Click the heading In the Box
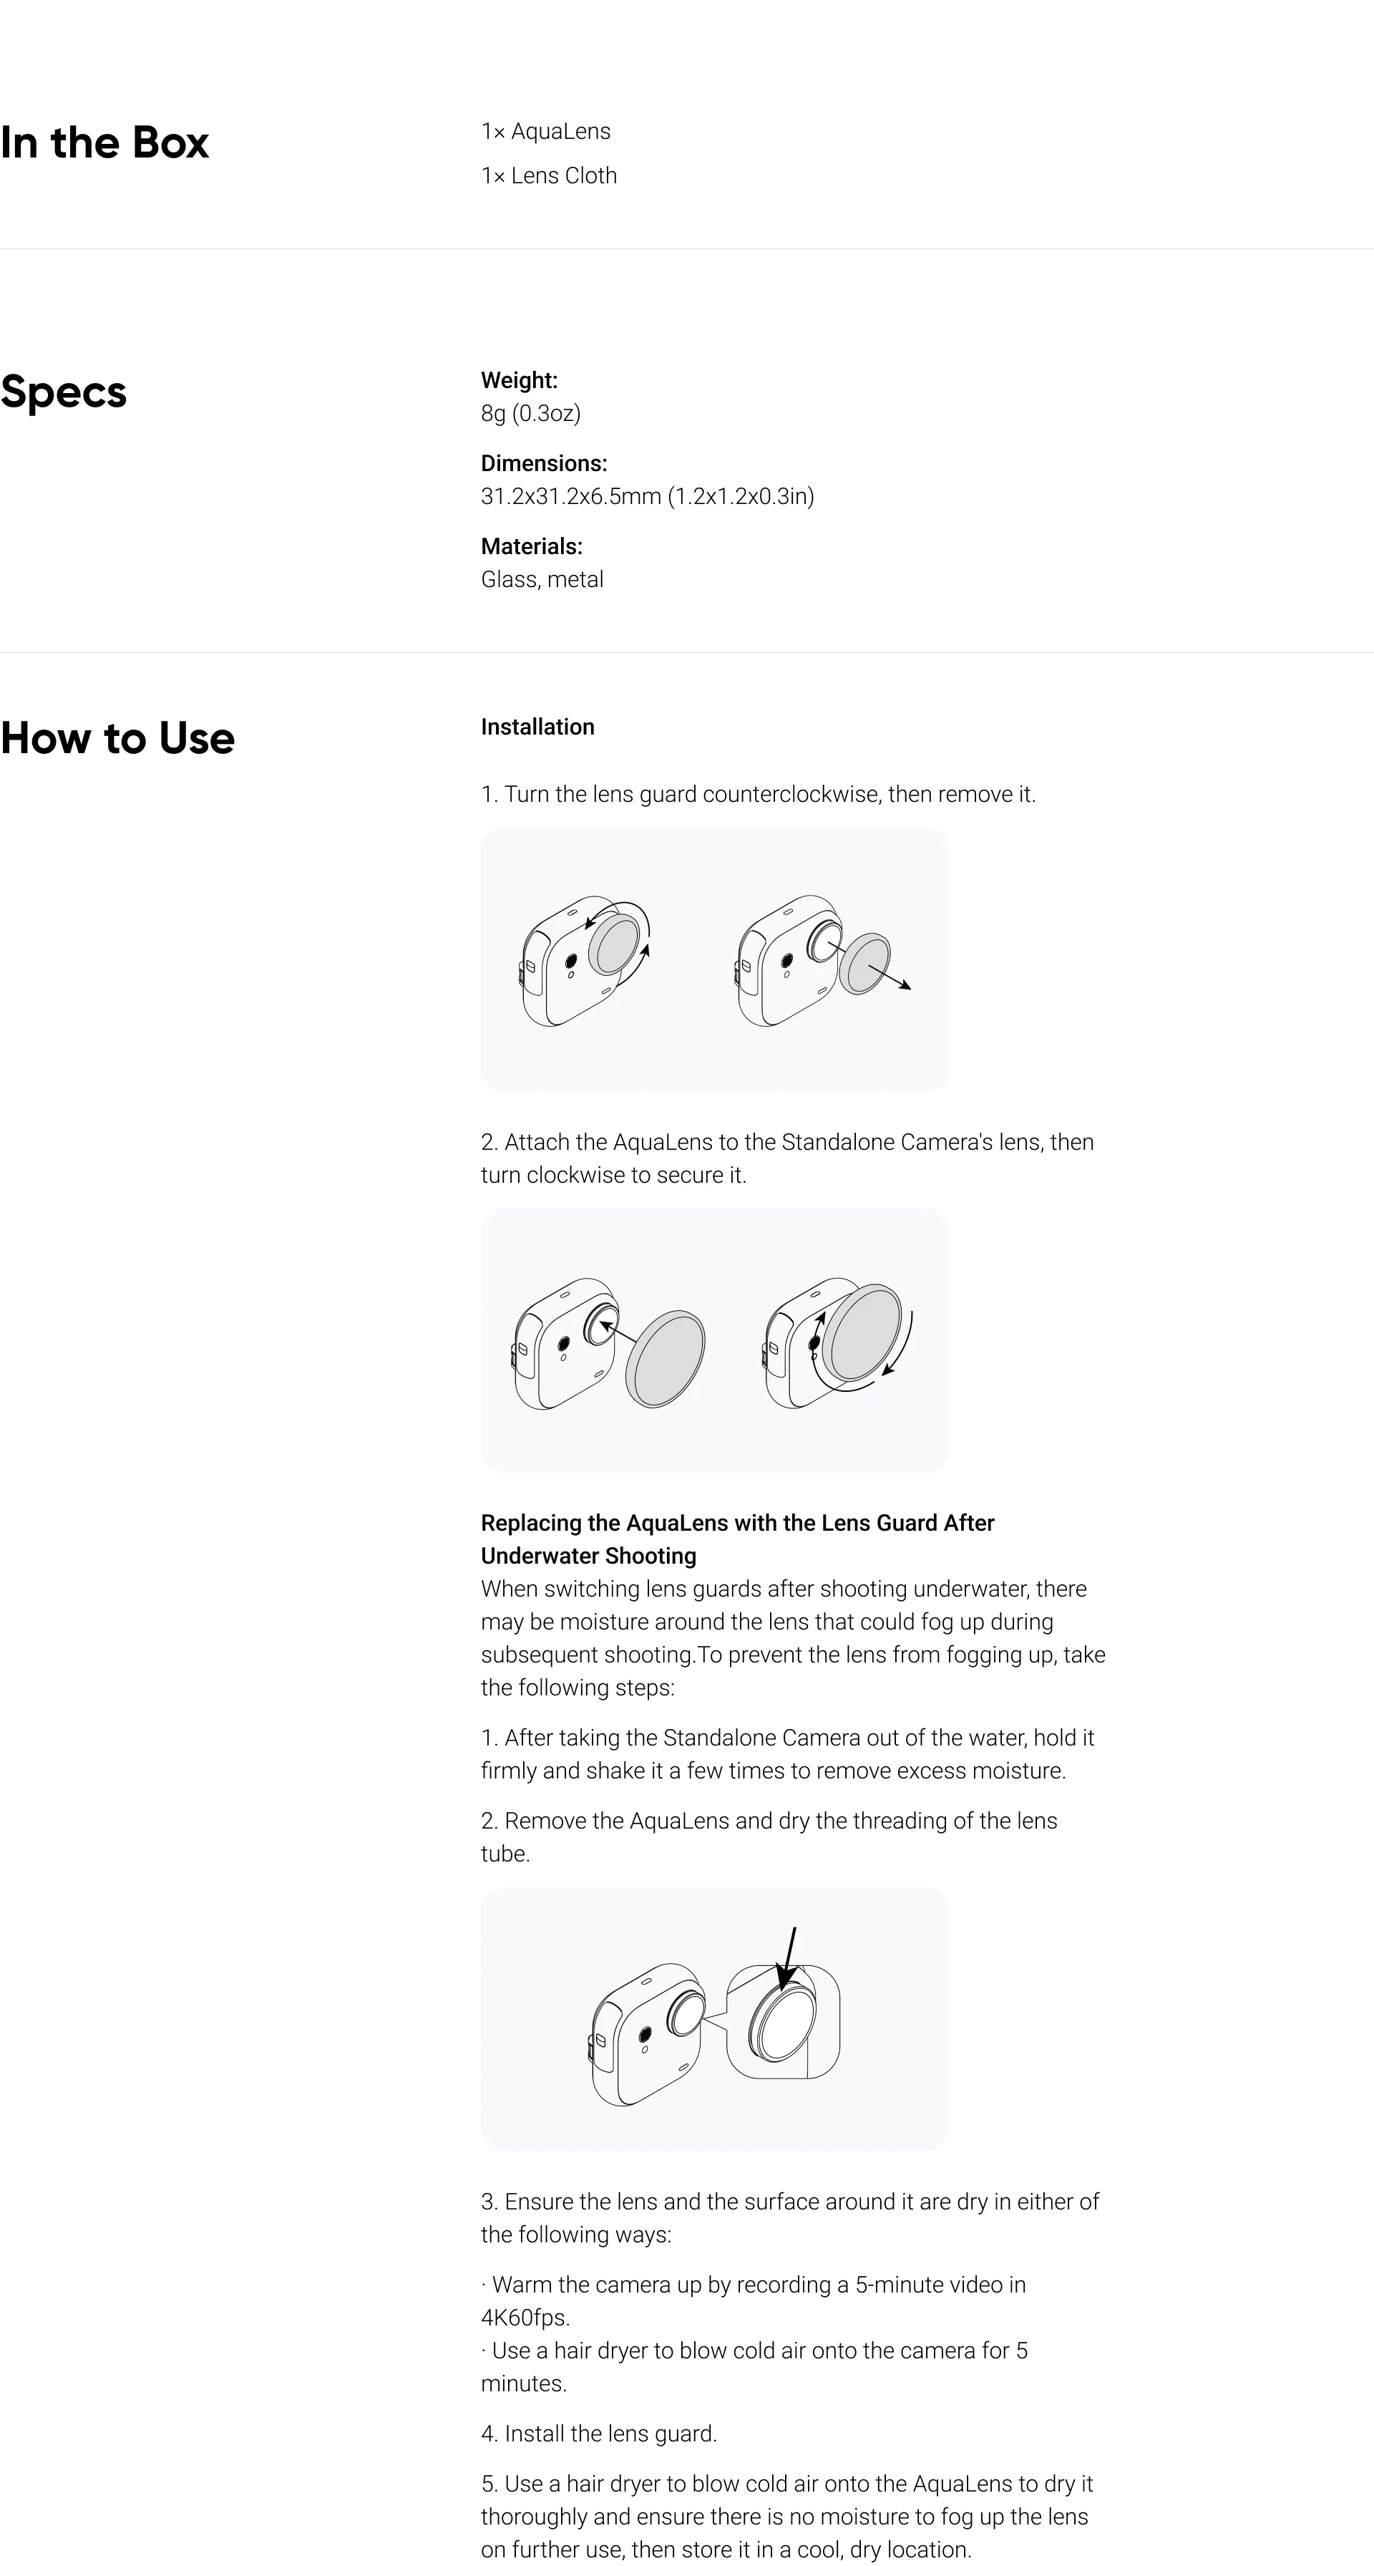tap(104, 142)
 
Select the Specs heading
tap(64, 392)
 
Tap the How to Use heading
tap(117, 738)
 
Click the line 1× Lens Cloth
tap(549, 175)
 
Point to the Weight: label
tap(519, 379)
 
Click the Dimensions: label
tap(544, 463)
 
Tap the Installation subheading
tap(537, 727)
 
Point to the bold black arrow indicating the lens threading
tap(789, 1957)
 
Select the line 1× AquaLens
tap(545, 132)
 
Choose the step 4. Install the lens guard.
tap(598, 2434)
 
